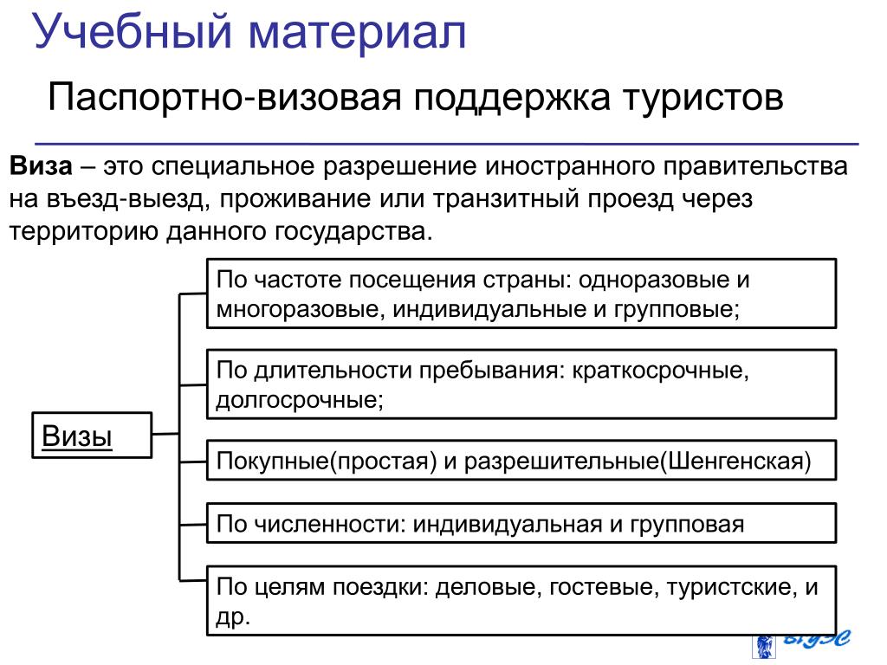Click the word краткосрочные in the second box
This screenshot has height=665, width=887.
coord(657,371)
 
